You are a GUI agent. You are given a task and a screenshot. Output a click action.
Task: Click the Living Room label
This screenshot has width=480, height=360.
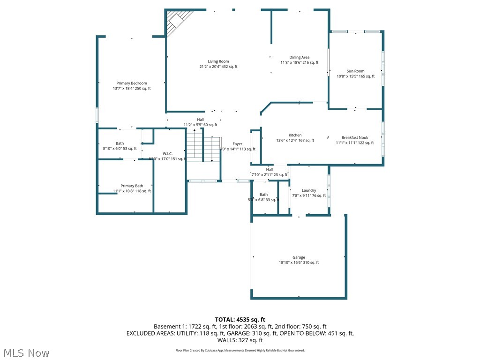[x=218, y=61]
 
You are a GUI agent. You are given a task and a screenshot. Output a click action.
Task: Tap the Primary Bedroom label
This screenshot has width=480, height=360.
[x=132, y=83]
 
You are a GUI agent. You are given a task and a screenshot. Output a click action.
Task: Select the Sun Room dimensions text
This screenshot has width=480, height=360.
[x=356, y=76]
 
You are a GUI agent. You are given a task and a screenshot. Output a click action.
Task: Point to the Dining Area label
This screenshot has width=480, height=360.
[x=299, y=57]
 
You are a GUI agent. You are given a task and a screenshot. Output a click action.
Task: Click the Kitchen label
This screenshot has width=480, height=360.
[x=295, y=135]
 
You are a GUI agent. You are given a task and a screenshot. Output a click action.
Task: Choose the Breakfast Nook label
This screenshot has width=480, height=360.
[x=355, y=138]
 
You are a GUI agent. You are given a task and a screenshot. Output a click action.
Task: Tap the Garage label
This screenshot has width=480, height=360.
[x=299, y=257]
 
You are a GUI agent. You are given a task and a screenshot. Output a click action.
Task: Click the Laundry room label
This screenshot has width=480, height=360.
[x=309, y=190]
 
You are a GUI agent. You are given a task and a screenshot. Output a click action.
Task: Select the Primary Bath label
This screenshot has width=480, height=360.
[x=132, y=186]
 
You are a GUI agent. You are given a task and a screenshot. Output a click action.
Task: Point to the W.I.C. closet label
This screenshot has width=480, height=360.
[x=168, y=153]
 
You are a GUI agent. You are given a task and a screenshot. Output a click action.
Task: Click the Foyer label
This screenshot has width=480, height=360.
[x=238, y=144]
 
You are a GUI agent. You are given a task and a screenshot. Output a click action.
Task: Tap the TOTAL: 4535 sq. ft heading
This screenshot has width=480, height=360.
[x=240, y=320]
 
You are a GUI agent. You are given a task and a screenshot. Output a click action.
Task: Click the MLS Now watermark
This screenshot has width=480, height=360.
[x=26, y=352]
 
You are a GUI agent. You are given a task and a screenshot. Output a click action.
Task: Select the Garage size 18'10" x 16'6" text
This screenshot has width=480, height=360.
[x=299, y=262]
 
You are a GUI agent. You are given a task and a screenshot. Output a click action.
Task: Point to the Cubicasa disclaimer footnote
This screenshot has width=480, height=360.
[x=240, y=350]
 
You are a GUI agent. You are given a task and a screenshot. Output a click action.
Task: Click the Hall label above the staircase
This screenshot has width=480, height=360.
[x=200, y=120]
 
